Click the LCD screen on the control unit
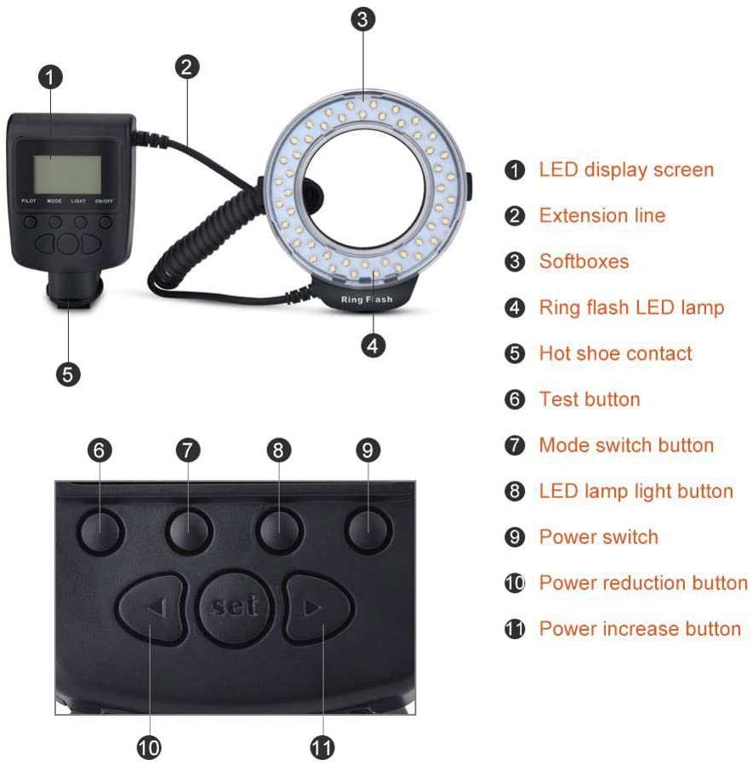(x=67, y=174)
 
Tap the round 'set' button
(x=235, y=607)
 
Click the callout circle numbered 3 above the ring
(x=363, y=20)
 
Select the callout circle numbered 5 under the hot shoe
(x=68, y=374)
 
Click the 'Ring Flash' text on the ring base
(x=367, y=300)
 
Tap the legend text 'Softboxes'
(x=584, y=261)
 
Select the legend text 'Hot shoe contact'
(x=615, y=353)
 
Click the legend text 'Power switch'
(x=598, y=537)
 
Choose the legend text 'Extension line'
(x=602, y=215)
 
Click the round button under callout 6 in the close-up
(x=100, y=530)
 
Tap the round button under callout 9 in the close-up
(x=367, y=530)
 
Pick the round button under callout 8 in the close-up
(x=279, y=530)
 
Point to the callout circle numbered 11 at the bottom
(x=322, y=747)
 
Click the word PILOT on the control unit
(x=29, y=201)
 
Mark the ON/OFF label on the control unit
(x=104, y=201)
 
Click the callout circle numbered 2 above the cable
(x=187, y=67)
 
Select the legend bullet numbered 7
(x=515, y=445)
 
